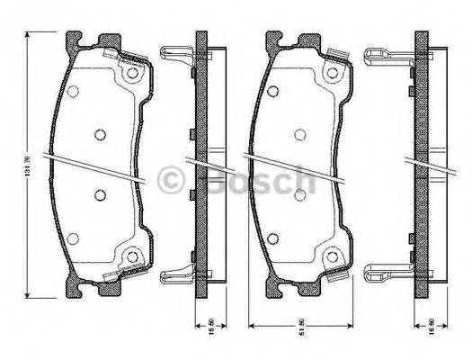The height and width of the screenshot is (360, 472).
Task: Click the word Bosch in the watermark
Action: (x=251, y=183)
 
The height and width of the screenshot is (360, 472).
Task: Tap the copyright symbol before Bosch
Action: (x=173, y=183)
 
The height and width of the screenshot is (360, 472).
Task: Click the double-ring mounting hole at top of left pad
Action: (x=134, y=71)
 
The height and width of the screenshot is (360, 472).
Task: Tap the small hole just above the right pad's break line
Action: (x=298, y=134)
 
